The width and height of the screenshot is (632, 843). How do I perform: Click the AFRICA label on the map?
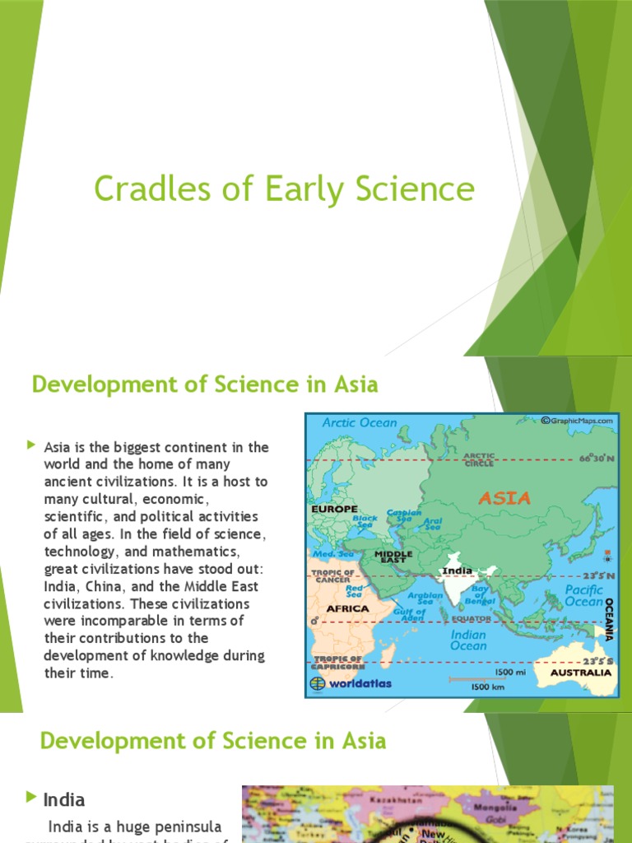point(348,608)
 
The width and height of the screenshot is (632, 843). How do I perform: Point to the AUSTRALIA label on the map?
point(582,673)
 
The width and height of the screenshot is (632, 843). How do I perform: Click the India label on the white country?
point(458,571)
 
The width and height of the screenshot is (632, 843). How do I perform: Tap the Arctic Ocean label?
point(359,422)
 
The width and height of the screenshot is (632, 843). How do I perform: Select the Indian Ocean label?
point(468,640)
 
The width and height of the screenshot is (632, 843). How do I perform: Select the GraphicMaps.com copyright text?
point(578,420)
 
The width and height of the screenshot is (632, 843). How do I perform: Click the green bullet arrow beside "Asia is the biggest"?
point(31,445)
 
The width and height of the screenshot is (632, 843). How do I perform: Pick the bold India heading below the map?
point(63,799)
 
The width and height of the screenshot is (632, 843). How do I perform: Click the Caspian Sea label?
point(404,517)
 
